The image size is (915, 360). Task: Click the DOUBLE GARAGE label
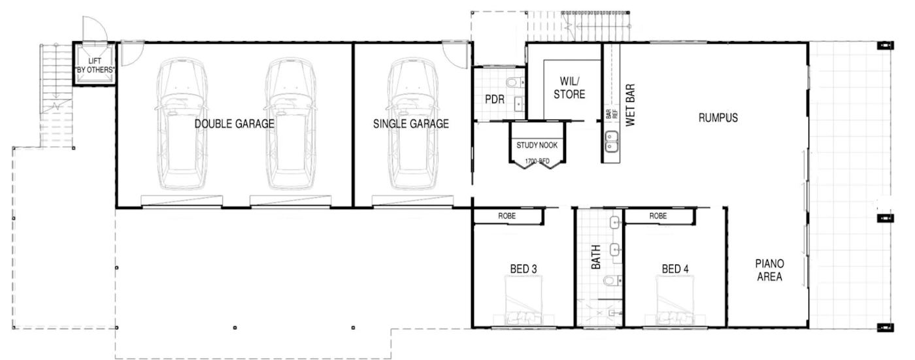pyautogui.click(x=235, y=123)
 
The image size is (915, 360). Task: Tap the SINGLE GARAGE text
pyautogui.click(x=411, y=123)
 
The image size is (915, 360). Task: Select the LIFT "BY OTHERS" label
pyautogui.click(x=95, y=65)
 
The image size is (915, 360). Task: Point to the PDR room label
pyautogui.click(x=495, y=99)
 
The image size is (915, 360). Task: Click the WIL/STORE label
pyautogui.click(x=569, y=88)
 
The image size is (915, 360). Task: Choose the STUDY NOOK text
pyautogui.click(x=537, y=145)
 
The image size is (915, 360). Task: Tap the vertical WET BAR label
pyautogui.click(x=630, y=105)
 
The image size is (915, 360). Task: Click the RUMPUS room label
pyautogui.click(x=718, y=118)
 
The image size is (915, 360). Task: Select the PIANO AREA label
pyautogui.click(x=770, y=270)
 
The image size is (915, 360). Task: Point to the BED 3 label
pyautogui.click(x=524, y=269)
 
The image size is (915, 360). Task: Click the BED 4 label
pyautogui.click(x=675, y=269)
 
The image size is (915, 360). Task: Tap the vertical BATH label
pyautogui.click(x=596, y=257)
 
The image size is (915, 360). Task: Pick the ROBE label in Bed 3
pyautogui.click(x=507, y=216)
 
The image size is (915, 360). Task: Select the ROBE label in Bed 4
pyautogui.click(x=658, y=216)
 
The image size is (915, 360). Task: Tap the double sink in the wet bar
pyautogui.click(x=612, y=141)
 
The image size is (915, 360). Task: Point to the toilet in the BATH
pyautogui.click(x=613, y=281)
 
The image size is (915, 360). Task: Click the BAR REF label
pyautogui.click(x=612, y=114)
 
